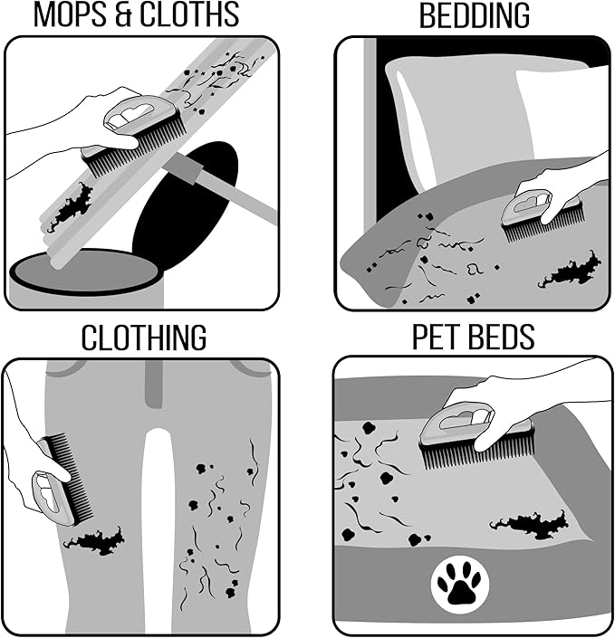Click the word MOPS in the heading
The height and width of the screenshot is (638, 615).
coord(70,14)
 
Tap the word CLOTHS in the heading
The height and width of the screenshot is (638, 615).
coord(189,14)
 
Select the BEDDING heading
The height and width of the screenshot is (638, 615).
coord(475,15)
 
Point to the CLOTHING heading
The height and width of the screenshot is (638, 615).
coord(144,338)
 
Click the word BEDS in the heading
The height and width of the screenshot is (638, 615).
coord(502,337)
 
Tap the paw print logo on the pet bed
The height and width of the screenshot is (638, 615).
coord(460,585)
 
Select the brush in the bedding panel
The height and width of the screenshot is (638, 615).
coord(542,215)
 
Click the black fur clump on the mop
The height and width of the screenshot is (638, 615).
coord(70,206)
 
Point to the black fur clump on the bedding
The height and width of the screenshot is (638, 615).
coord(571,271)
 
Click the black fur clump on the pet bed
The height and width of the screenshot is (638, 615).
coord(530,524)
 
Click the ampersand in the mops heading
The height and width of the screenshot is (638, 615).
coord(124,15)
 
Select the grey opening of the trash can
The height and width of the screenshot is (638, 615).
coord(85,271)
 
